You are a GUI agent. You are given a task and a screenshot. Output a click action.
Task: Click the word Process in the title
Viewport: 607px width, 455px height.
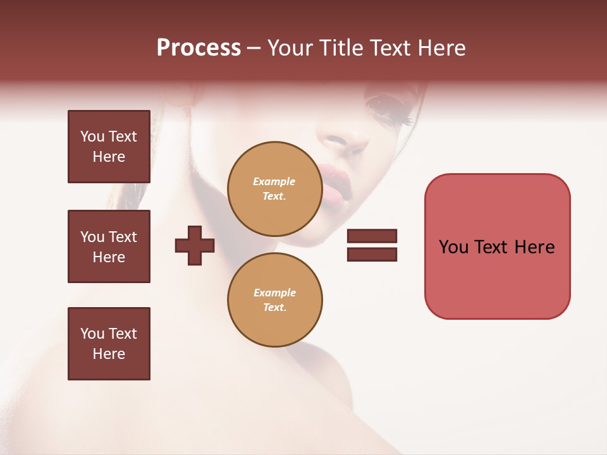[x=199, y=48]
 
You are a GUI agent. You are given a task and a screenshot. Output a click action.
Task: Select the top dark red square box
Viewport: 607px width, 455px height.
[x=109, y=147]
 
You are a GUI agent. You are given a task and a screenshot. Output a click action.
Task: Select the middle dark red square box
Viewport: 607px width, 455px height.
[x=109, y=246]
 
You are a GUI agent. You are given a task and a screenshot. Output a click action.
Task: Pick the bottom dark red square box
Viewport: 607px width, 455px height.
[x=109, y=344]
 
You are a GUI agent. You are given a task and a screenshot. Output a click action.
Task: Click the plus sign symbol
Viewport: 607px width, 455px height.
[x=195, y=246]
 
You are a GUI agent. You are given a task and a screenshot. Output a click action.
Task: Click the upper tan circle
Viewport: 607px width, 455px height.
[x=274, y=188]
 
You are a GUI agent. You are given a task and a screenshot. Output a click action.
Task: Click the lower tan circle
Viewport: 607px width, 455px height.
[x=274, y=300]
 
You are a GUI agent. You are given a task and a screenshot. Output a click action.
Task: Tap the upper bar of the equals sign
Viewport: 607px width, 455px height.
[x=372, y=236]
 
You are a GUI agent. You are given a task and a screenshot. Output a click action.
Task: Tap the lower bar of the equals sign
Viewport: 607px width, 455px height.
[x=372, y=254]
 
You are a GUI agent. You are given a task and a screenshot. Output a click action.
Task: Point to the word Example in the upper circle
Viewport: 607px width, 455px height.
[x=274, y=181]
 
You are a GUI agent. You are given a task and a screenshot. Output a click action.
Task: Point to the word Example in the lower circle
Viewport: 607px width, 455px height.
[x=274, y=293]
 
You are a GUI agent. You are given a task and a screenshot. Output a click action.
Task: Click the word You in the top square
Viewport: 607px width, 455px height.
[x=92, y=136]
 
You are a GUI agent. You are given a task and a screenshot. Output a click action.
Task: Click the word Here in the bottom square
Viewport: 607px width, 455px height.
[x=109, y=354]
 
